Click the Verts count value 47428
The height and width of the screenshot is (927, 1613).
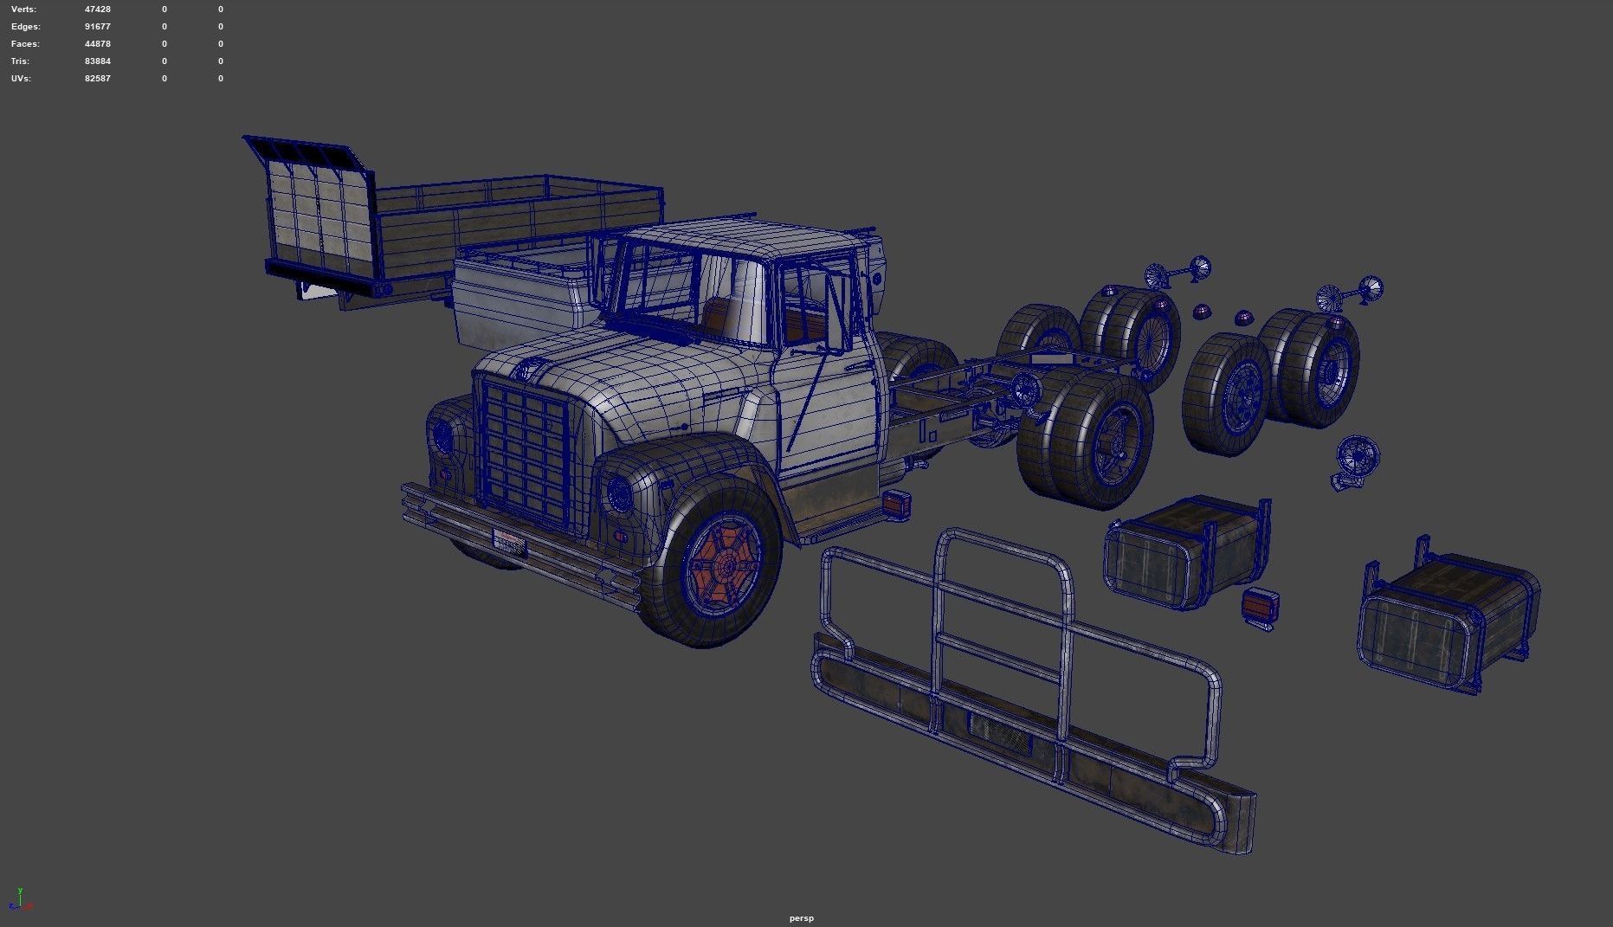(x=97, y=10)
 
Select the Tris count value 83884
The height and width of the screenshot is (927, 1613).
(x=97, y=61)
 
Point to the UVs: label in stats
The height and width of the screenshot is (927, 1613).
(x=22, y=79)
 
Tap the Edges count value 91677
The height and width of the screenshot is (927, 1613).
(x=97, y=27)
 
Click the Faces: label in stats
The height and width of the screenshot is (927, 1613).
(x=25, y=44)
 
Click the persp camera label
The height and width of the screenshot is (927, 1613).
(x=801, y=918)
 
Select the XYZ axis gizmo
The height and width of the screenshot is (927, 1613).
(x=20, y=900)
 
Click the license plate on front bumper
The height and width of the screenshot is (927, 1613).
(x=509, y=542)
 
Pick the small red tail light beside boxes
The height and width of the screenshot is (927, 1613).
(x=1260, y=606)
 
